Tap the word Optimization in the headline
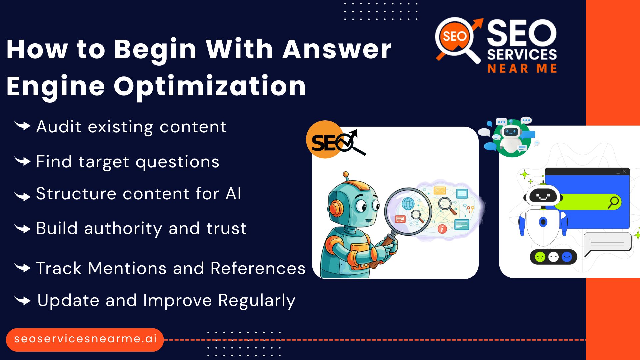click(210, 86)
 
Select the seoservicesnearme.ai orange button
click(85, 339)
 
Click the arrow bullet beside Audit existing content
click(23, 126)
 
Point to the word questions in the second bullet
click(177, 162)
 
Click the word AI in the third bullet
click(233, 194)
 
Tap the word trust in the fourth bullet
click(226, 228)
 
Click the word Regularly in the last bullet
click(257, 301)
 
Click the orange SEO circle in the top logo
click(454, 36)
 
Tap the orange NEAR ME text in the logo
click(522, 69)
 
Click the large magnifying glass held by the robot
click(408, 211)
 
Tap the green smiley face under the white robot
click(540, 257)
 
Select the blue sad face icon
click(567, 257)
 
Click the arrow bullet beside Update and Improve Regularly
click(23, 300)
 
